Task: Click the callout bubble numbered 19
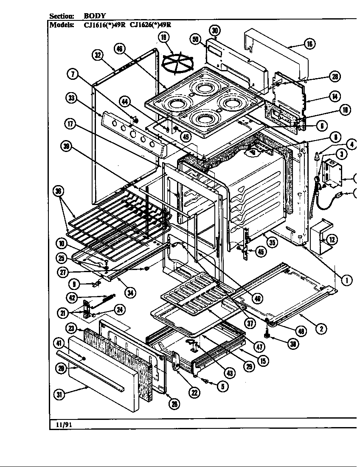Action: click(x=163, y=37)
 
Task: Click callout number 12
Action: click(x=332, y=240)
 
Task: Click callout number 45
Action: click(x=262, y=252)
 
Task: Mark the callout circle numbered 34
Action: click(x=130, y=293)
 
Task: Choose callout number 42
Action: click(x=72, y=298)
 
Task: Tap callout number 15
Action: click(x=263, y=361)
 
